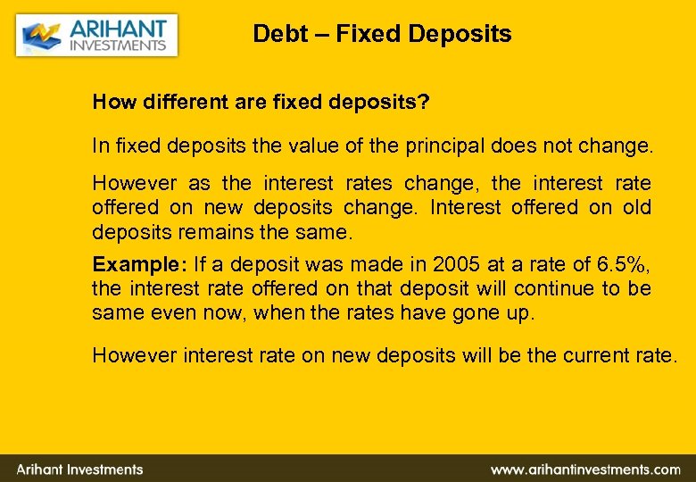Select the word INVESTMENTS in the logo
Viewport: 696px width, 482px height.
(118, 46)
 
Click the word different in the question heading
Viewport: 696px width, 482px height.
(178, 102)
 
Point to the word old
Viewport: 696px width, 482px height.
(634, 207)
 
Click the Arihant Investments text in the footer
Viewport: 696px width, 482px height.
(79, 470)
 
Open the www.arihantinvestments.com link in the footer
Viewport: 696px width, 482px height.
(585, 470)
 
